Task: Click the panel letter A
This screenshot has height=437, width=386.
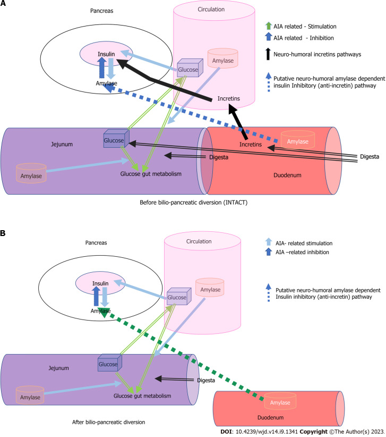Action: [3, 3]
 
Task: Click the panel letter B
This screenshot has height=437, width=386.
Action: [3, 233]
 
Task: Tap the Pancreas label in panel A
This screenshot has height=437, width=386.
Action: [101, 11]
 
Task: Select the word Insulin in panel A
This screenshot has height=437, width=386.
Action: [106, 54]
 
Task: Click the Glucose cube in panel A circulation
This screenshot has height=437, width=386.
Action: [190, 68]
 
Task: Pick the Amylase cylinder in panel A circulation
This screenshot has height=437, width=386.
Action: [223, 58]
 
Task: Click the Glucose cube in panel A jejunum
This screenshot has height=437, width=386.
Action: [116, 139]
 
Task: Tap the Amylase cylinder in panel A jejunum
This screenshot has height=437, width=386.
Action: [31, 173]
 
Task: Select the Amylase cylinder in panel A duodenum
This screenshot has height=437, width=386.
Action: [298, 139]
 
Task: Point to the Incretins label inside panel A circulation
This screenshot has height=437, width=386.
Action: [228, 99]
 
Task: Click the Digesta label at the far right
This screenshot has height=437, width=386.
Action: [370, 157]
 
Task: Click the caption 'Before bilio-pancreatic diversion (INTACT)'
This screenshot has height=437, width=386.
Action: [193, 203]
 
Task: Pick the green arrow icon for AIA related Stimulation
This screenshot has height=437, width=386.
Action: [268, 26]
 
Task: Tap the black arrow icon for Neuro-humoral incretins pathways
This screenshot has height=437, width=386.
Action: [268, 54]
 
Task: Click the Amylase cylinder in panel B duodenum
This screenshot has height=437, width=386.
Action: [280, 401]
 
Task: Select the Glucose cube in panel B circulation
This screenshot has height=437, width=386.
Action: [179, 296]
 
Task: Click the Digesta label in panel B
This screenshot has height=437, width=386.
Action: [206, 381]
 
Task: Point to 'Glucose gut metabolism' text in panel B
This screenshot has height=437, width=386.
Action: [142, 396]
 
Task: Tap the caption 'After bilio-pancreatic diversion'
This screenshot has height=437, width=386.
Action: [108, 422]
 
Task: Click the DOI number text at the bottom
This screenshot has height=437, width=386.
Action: [267, 432]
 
